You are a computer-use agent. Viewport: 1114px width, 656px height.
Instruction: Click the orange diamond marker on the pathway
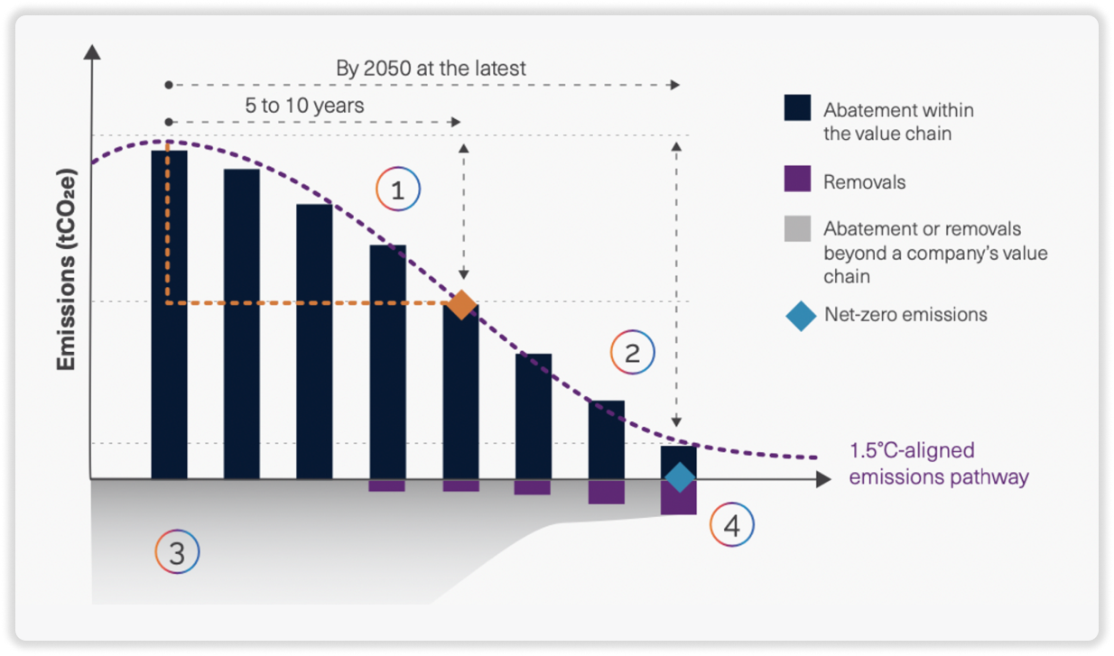coord(461,304)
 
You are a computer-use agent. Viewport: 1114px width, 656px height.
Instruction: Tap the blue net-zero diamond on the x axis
coord(680,477)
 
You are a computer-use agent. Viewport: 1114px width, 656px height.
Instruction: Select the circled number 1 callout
coord(398,189)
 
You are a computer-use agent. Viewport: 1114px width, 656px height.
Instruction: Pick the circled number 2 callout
coord(633,352)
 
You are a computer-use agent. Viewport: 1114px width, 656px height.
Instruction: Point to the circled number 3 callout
coord(178,552)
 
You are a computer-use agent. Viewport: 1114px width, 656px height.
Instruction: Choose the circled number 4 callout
coord(731,525)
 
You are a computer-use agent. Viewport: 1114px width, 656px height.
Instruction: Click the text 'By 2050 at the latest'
coord(431,68)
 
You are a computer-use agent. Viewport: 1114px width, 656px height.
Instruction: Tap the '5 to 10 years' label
coord(304,106)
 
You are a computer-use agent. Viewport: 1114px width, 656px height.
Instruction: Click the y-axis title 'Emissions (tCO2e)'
coord(66,270)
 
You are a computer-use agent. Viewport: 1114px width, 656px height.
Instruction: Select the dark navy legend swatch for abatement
coord(798,107)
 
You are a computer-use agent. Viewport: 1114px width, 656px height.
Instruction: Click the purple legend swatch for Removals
coord(798,179)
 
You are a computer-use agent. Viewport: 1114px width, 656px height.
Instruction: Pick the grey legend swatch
coord(798,228)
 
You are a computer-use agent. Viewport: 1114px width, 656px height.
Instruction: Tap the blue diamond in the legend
coord(801,316)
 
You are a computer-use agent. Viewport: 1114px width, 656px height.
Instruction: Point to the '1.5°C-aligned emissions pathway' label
coord(939,463)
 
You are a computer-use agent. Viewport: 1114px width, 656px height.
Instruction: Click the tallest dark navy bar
coord(169,315)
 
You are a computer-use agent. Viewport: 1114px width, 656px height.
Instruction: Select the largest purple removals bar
coord(678,497)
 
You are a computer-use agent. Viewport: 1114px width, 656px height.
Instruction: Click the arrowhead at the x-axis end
coord(823,479)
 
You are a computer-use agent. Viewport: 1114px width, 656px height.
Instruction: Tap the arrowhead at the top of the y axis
coord(92,51)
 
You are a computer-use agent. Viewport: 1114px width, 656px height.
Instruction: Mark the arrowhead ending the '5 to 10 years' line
coord(456,122)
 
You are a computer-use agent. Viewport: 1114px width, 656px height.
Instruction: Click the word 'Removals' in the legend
coord(864,182)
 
